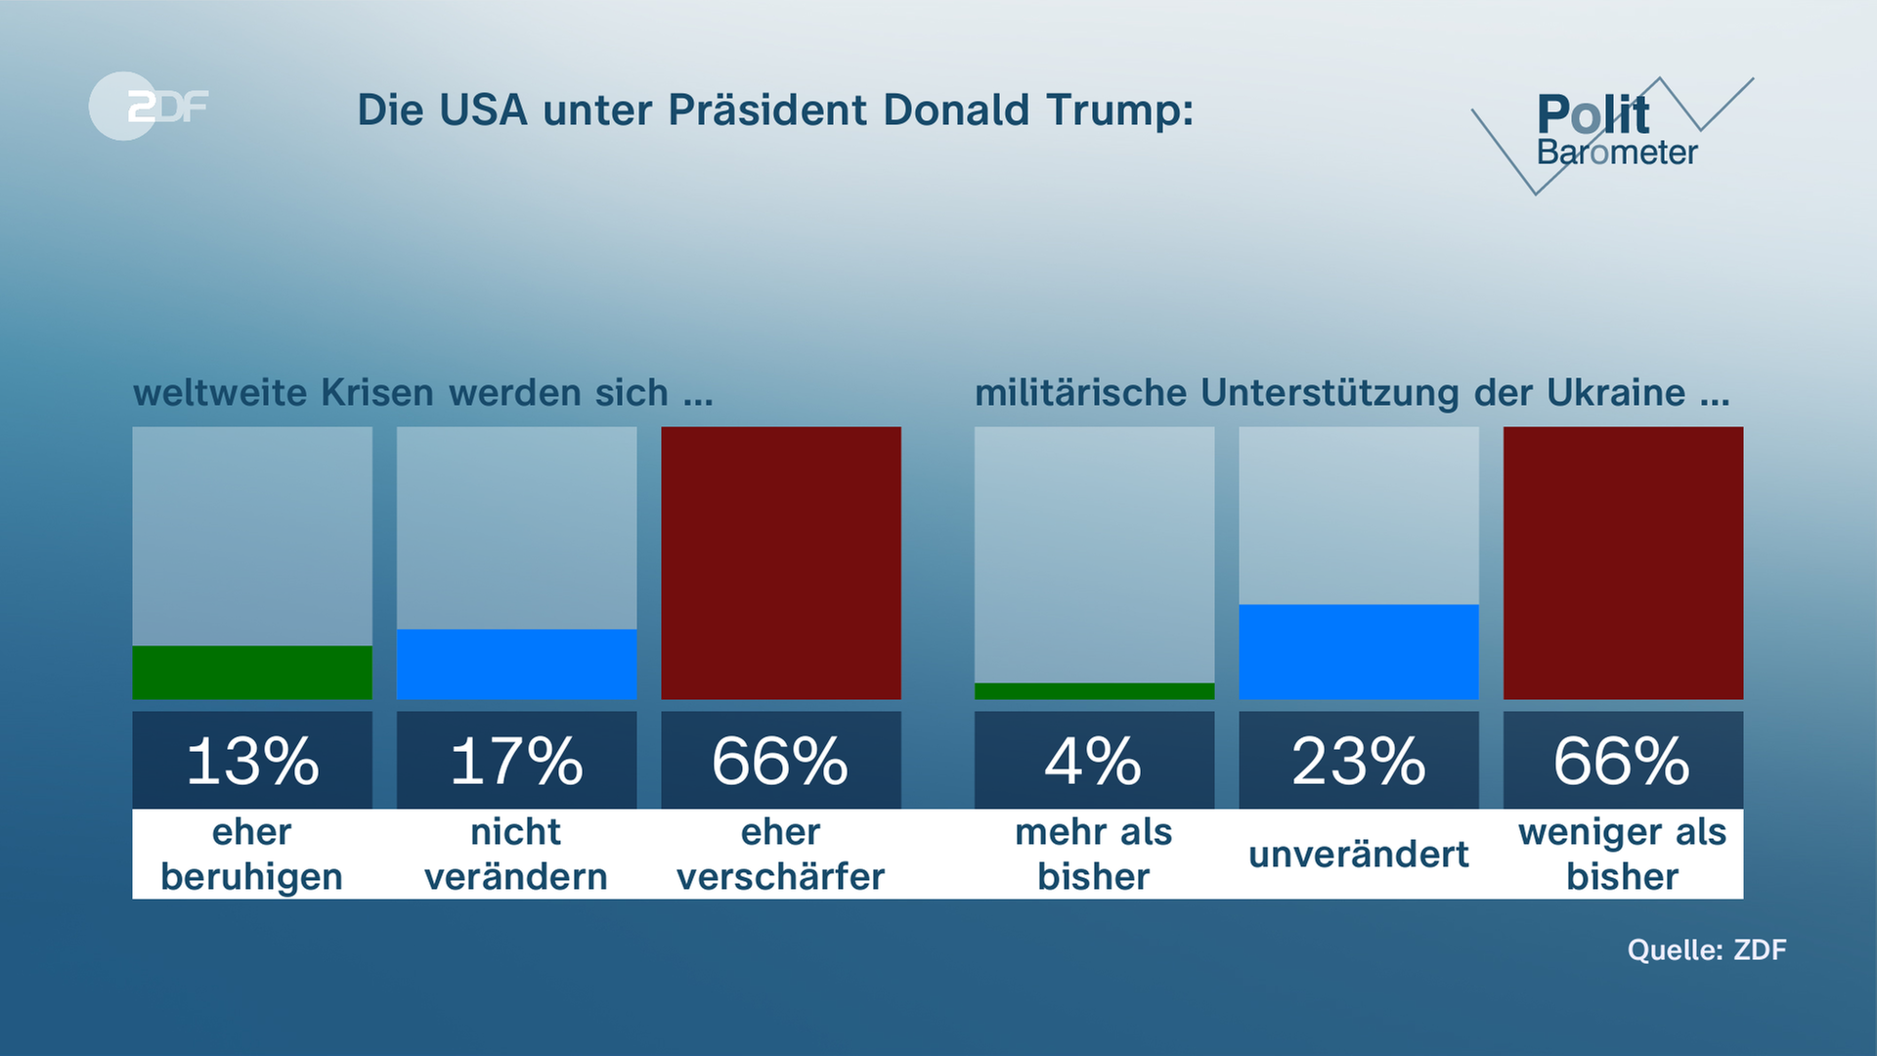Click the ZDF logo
tap(149, 106)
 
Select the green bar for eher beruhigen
tap(252, 673)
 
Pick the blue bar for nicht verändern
tap(516, 664)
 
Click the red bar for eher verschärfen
tap(781, 563)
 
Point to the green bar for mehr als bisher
tap(1094, 691)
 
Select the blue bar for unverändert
tap(1359, 651)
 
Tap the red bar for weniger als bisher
tap(1623, 563)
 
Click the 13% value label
tap(252, 762)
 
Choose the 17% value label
tap(516, 762)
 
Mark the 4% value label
tap(1094, 762)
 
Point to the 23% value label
tap(1359, 762)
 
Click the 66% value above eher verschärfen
tap(781, 762)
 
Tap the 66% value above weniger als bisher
tap(1623, 762)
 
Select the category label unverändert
tap(1359, 855)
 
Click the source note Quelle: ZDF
tap(1707, 949)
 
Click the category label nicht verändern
tap(516, 855)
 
